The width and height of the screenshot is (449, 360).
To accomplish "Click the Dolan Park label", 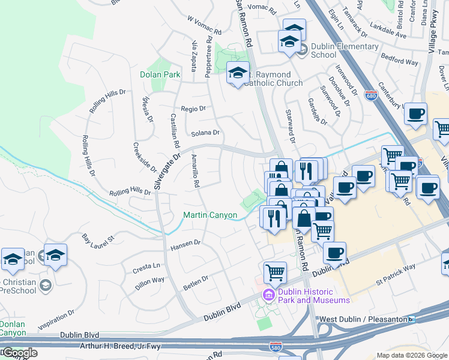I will tap(160, 75).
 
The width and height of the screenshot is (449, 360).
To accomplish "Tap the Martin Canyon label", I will tap(210, 215).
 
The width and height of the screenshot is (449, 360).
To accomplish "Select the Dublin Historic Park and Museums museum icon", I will tap(268, 295).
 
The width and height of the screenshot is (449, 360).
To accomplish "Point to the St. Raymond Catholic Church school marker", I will tap(238, 73).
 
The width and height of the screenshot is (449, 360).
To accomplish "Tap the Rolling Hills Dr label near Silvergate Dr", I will tap(130, 192).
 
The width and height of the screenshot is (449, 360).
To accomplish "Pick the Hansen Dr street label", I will tap(185, 245).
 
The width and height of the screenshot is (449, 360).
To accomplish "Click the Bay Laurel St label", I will tap(98, 241).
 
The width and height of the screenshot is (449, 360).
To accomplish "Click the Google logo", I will tap(20, 353).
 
